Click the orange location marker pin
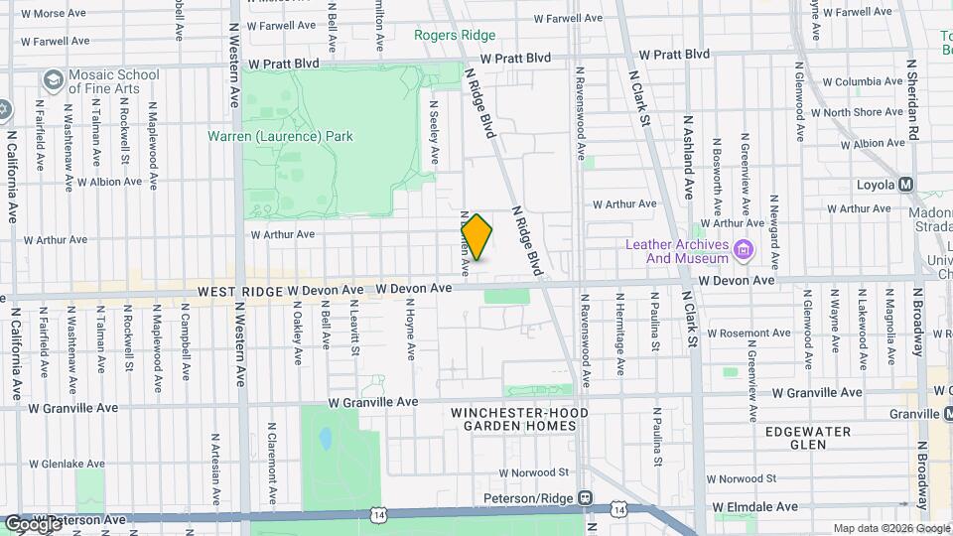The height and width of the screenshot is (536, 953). pyautogui.click(x=477, y=237)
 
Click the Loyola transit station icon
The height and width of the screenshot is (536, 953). pyautogui.click(x=905, y=185)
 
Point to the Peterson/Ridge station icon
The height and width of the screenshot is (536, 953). pyautogui.click(x=587, y=498)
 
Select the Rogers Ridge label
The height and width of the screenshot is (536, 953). pyautogui.click(x=454, y=35)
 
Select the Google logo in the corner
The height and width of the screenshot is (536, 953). pyautogui.click(x=33, y=523)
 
